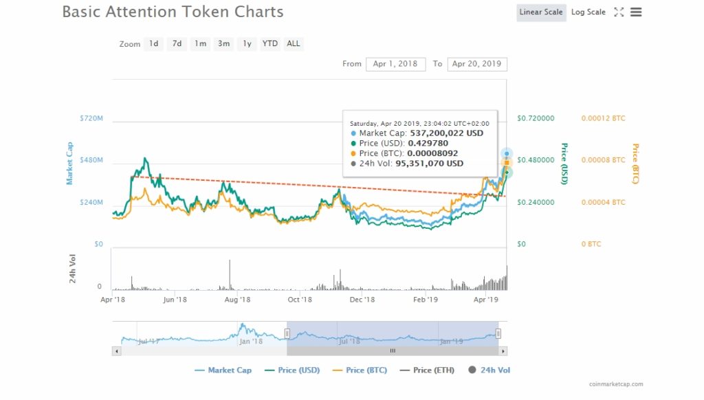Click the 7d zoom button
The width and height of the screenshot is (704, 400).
(177, 44)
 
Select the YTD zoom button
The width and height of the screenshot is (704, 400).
(270, 44)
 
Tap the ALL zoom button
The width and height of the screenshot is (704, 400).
(294, 44)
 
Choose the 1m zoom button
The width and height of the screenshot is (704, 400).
(200, 44)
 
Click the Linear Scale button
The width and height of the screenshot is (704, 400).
(541, 12)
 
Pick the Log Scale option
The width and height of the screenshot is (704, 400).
(588, 12)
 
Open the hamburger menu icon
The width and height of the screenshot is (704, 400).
(636, 12)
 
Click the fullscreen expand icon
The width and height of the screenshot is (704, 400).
(619, 12)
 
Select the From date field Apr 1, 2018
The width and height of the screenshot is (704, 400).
(395, 64)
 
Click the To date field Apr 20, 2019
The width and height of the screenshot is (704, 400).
(477, 64)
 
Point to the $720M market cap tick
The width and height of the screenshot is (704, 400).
(91, 119)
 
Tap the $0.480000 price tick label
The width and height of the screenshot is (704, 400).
(536, 160)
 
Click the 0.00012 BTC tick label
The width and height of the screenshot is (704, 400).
(603, 119)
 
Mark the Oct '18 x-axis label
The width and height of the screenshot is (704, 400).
(300, 300)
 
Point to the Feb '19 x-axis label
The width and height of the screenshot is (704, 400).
(426, 300)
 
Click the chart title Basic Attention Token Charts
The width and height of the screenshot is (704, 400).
(173, 12)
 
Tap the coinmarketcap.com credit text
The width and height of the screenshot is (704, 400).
(616, 384)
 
